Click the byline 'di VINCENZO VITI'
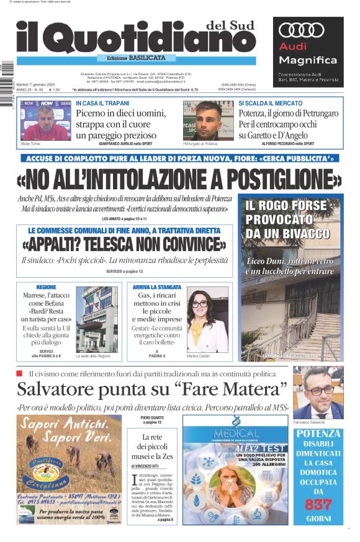[x=147, y=466]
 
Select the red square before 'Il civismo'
[x=19, y=373]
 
